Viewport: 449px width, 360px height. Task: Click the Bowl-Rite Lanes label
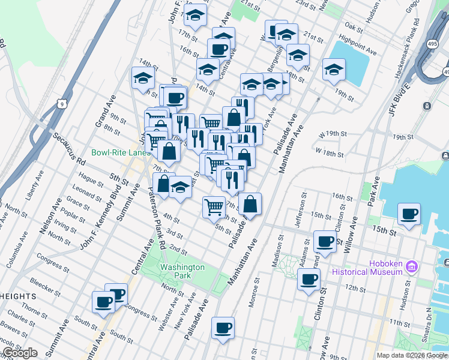pyautogui.click(x=121, y=152)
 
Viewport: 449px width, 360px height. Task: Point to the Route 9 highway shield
pyautogui.click(x=63, y=104)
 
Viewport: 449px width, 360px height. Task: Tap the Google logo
pyautogui.click(x=19, y=353)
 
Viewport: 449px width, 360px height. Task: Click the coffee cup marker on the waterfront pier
pyautogui.click(x=409, y=214)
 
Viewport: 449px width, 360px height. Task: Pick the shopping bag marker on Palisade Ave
pyautogui.click(x=250, y=203)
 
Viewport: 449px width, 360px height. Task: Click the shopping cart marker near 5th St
pyautogui.click(x=214, y=208)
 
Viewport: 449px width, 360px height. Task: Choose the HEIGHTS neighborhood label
pyautogui.click(x=18, y=296)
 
